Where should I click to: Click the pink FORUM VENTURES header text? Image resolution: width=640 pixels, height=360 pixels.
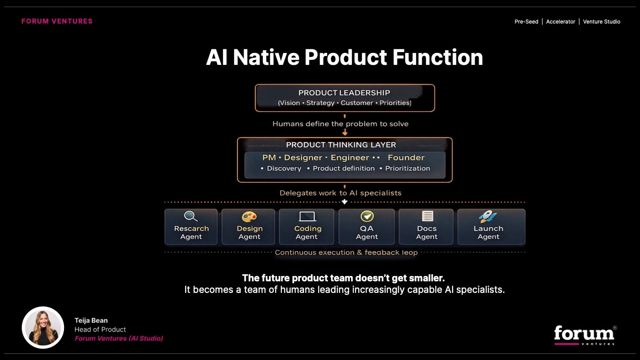(x=57, y=21)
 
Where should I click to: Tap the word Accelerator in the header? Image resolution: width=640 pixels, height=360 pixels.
(x=560, y=22)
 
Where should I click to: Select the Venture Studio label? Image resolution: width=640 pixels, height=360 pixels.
(x=601, y=22)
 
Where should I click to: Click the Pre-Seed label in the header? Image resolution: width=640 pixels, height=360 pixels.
(x=526, y=22)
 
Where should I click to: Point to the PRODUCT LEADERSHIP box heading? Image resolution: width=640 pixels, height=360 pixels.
(x=344, y=93)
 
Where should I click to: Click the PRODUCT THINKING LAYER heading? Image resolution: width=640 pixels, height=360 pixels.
(x=341, y=145)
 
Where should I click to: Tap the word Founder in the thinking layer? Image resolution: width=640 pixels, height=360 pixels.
(x=406, y=157)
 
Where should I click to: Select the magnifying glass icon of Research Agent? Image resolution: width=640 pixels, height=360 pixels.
(x=191, y=216)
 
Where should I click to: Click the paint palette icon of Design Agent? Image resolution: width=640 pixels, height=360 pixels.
(x=249, y=216)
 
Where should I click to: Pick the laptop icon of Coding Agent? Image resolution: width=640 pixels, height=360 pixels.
(x=307, y=216)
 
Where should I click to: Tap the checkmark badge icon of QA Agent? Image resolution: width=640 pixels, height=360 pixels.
(x=367, y=216)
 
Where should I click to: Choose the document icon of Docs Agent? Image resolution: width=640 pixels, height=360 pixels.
(x=428, y=216)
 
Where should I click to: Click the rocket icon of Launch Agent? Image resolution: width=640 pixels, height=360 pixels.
(x=488, y=216)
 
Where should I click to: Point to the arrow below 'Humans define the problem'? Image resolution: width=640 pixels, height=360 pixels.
(x=345, y=132)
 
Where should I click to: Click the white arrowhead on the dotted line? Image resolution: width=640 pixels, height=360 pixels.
(x=344, y=202)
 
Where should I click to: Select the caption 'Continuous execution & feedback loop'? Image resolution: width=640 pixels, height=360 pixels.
(x=346, y=252)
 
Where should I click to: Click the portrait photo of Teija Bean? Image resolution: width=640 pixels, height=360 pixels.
(x=43, y=328)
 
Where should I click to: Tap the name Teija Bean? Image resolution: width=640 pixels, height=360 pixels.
(x=91, y=320)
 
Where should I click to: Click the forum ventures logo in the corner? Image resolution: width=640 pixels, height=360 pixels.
(x=585, y=335)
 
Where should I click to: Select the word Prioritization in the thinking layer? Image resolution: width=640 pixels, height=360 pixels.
(x=408, y=168)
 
